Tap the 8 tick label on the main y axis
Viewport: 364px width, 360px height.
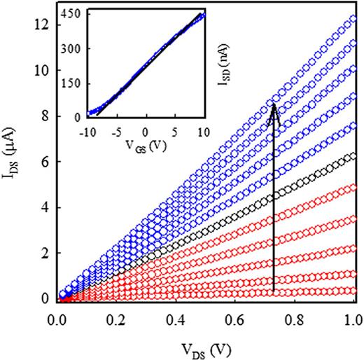[45, 116]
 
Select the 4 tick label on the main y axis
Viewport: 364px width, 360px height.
[45, 208]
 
